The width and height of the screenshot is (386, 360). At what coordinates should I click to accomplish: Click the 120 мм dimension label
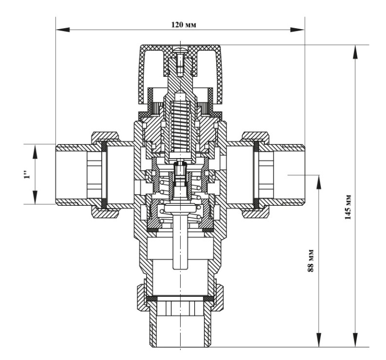(184, 25)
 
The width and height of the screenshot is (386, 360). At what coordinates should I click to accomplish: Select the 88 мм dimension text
(311, 261)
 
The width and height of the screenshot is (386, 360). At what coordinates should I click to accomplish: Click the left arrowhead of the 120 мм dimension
(63, 30)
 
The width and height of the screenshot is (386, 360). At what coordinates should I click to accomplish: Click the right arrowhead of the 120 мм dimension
(297, 30)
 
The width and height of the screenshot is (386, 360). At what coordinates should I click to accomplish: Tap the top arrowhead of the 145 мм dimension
(355, 52)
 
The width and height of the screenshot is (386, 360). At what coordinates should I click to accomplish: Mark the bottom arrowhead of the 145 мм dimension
(355, 340)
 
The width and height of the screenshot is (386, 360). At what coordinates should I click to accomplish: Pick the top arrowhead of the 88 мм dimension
(319, 182)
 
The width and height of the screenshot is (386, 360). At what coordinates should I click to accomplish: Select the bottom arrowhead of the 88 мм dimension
(319, 340)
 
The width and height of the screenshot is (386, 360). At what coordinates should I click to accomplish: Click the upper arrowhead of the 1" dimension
(36, 151)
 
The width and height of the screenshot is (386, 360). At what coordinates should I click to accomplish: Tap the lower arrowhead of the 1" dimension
(36, 197)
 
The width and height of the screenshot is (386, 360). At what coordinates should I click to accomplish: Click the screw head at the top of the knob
(181, 50)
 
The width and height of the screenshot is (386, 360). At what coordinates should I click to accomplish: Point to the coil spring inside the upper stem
(181, 126)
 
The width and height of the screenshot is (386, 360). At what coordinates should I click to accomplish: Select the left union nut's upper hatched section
(105, 137)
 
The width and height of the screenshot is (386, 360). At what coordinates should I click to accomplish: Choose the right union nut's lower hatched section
(256, 213)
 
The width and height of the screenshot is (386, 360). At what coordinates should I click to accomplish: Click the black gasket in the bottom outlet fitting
(181, 299)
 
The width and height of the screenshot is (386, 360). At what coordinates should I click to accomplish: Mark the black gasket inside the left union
(104, 174)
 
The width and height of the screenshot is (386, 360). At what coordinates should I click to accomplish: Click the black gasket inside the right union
(256, 174)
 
